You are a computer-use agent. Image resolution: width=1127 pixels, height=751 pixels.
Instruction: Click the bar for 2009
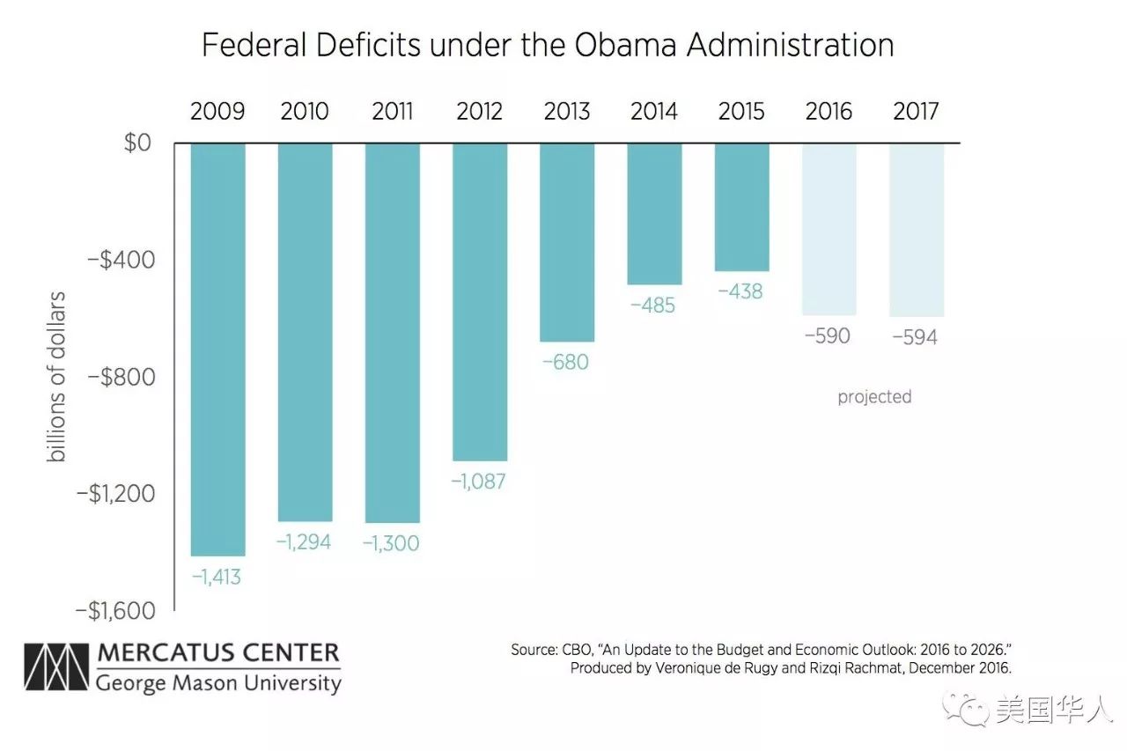[217, 349]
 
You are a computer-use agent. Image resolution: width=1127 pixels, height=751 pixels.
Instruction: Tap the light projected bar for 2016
[829, 229]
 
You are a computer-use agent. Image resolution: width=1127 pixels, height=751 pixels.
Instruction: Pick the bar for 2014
[654, 213]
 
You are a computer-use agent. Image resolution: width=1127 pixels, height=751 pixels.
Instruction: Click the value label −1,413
[217, 578]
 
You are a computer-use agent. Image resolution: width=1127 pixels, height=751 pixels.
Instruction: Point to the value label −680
[565, 362]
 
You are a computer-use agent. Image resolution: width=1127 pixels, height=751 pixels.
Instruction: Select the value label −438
[740, 291]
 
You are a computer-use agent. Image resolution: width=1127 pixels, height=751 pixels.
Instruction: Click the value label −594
[915, 337]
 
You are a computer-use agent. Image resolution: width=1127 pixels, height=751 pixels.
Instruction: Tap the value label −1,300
[391, 544]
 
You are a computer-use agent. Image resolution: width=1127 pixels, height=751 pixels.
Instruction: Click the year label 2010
[305, 112]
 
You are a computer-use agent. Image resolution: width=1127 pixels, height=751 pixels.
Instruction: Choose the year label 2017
[916, 112]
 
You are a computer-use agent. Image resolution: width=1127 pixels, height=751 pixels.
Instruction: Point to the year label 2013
[566, 112]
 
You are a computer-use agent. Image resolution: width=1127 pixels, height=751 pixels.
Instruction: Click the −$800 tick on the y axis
[121, 377]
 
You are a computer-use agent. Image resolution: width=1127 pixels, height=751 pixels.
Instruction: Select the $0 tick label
[137, 143]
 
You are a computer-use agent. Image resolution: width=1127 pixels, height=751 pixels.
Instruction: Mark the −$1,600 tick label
[115, 610]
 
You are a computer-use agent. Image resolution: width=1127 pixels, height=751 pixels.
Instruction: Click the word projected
[874, 397]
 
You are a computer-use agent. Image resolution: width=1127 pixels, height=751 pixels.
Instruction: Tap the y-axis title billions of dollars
[57, 376]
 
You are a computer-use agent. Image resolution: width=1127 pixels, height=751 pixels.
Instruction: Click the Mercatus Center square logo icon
[57, 668]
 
